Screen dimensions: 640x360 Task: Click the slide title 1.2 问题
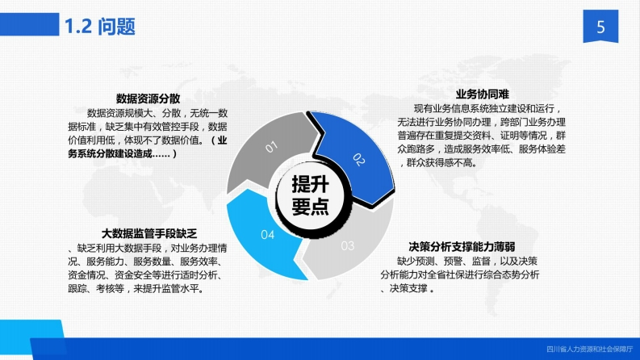[100, 27]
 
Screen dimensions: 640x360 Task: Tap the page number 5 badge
[600, 26]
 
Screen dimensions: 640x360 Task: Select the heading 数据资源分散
[148, 98]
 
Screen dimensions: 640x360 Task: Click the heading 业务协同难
[482, 94]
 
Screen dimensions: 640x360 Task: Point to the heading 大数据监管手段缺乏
[149, 233]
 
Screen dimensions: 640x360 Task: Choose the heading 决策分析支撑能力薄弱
[462, 246]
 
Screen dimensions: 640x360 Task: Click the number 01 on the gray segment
[271, 147]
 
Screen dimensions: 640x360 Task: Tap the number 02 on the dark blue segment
[359, 160]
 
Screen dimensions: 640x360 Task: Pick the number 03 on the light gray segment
[348, 245]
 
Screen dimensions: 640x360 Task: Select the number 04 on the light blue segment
[268, 235]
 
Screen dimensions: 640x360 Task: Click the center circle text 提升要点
[310, 195]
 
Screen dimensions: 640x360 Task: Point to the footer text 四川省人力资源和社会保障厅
[590, 350]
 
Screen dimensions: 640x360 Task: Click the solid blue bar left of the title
[29, 24]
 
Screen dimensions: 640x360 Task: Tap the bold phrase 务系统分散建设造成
[110, 154]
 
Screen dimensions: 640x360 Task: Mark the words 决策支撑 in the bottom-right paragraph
[408, 288]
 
